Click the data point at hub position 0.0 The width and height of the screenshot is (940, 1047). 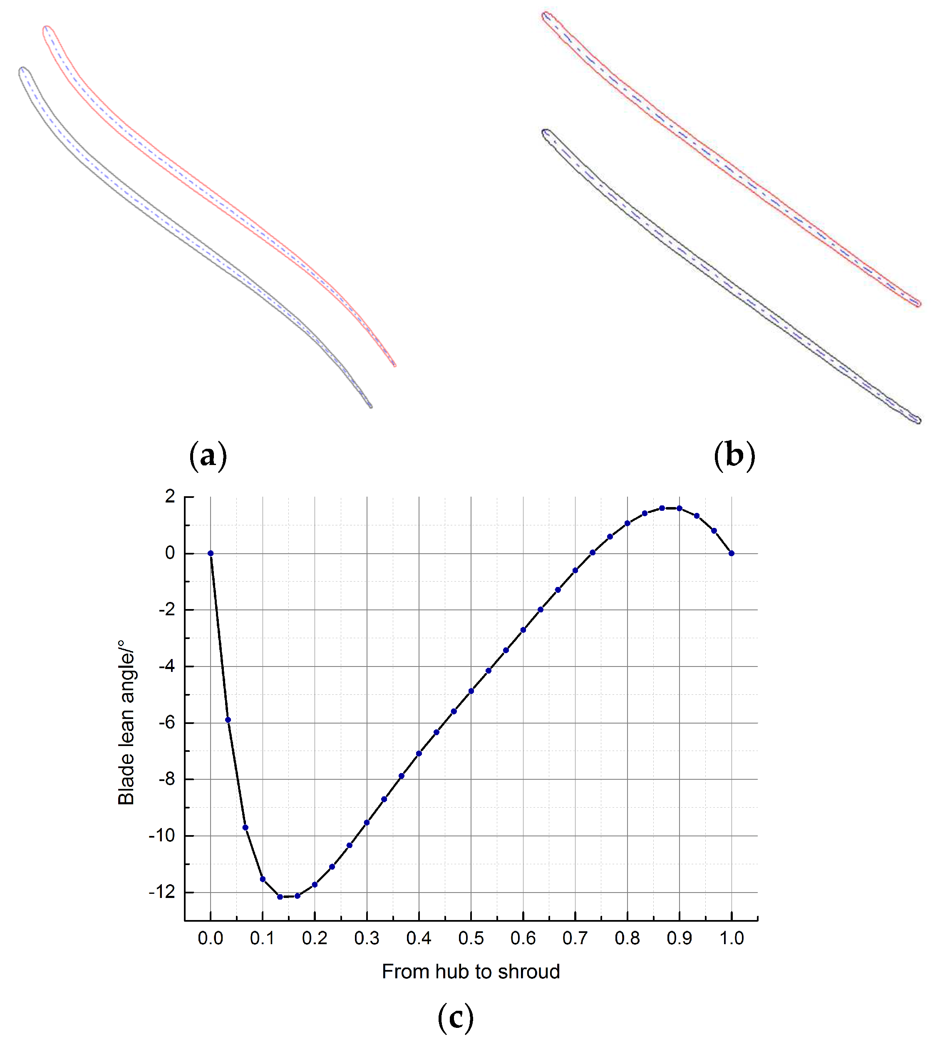click(x=210, y=553)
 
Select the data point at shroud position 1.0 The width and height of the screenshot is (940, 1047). click(x=732, y=553)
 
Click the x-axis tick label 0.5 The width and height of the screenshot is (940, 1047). click(x=471, y=938)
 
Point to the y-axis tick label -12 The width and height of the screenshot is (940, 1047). click(x=162, y=893)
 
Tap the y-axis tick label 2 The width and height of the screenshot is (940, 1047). click(x=170, y=497)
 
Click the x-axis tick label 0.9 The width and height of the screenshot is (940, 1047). click(x=679, y=938)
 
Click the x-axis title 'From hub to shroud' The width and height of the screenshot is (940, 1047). click(x=471, y=972)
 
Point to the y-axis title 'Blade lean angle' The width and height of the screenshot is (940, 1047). click(x=126, y=722)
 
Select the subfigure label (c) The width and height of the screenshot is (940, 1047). click(x=455, y=1017)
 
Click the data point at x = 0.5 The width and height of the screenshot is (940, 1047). click(x=471, y=691)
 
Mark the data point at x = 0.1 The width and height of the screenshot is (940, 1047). click(x=263, y=879)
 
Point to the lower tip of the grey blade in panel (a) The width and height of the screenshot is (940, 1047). click(x=370, y=406)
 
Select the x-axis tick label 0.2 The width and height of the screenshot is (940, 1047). click(x=315, y=938)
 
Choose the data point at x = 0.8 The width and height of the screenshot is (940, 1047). click(x=627, y=524)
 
